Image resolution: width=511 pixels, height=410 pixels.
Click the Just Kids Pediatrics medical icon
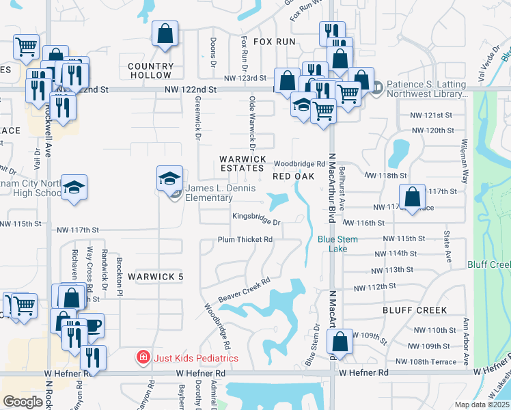[142, 357]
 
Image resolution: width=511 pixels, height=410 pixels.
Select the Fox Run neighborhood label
[274, 42]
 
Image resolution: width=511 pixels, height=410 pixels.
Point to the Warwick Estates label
[242, 163]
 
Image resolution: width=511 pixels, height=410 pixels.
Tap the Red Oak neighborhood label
[292, 176]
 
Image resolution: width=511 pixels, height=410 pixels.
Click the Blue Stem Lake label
[333, 244]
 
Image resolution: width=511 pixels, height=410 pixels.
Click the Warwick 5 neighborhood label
[155, 277]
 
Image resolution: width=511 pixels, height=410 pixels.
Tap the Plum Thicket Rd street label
[245, 240]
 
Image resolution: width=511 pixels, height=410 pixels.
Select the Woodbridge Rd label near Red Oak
[300, 164]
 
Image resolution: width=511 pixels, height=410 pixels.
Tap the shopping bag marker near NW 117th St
[412, 198]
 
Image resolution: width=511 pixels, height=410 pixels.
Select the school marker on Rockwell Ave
[73, 188]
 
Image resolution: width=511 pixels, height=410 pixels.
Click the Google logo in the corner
[23, 402]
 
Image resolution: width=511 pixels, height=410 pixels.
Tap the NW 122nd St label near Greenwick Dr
[190, 90]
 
